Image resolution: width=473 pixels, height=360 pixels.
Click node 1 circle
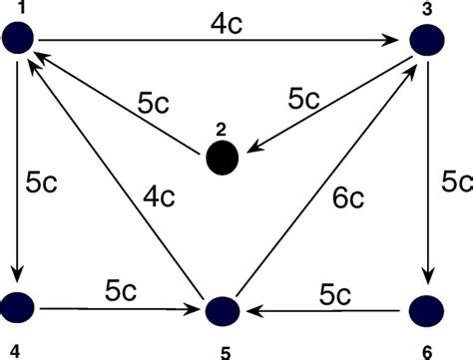pos(20,40)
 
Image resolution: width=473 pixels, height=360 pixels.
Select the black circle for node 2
pos(223,158)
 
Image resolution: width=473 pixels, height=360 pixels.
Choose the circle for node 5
pos(224,310)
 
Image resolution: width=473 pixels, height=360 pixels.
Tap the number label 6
pos(426,350)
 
